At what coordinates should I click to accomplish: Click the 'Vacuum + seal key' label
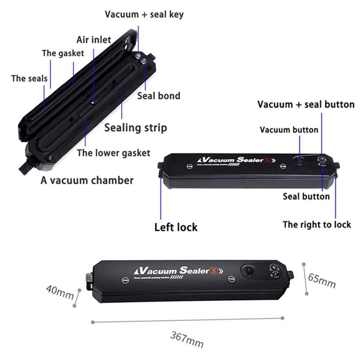[144, 14]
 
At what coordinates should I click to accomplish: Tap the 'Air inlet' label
[94, 39]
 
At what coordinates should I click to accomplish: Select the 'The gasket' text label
[63, 53]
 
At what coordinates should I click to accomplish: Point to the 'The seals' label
[29, 78]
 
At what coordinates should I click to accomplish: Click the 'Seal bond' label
[159, 96]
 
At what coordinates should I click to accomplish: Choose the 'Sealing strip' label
[136, 127]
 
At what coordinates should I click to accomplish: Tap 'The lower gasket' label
[113, 153]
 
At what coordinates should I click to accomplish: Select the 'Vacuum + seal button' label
[306, 104]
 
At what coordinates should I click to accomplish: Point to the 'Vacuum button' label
[289, 130]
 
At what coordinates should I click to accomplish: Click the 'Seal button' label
[306, 196]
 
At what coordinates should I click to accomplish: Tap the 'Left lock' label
[176, 227]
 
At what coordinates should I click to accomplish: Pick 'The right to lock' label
[317, 225]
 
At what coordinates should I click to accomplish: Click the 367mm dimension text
[187, 339]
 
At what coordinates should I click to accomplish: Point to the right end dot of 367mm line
[283, 318]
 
